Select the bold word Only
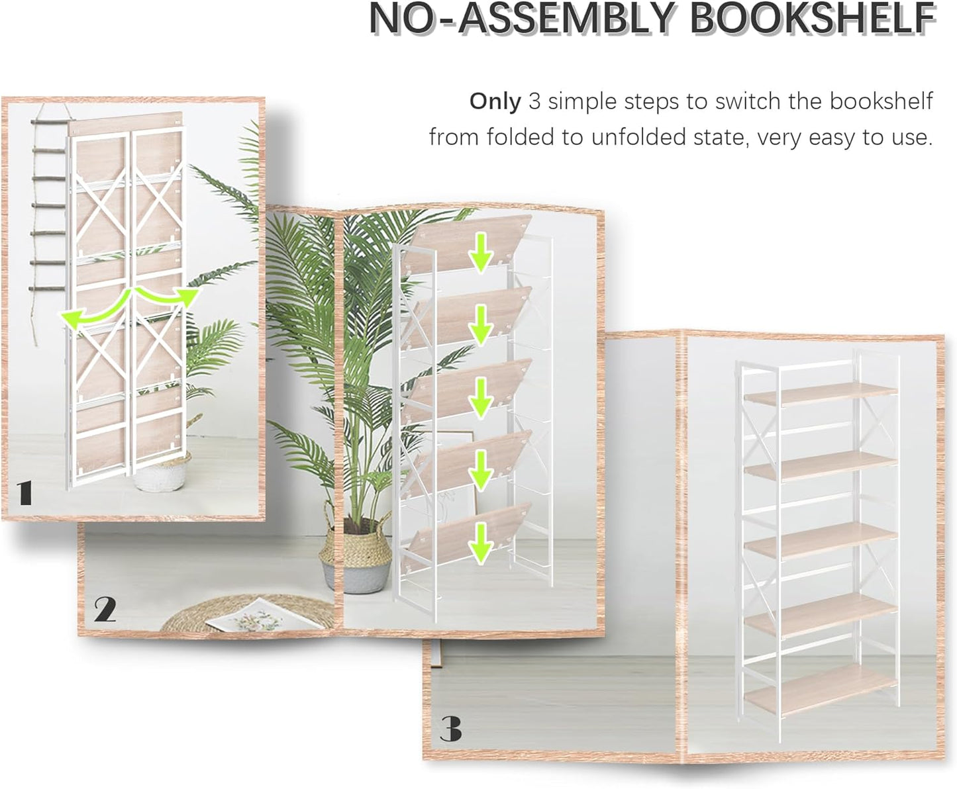coord(495,101)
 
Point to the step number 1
coord(25,493)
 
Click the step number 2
coord(105,610)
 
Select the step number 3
coord(450,729)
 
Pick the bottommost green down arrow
coord(481,544)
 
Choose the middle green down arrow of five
coord(481,398)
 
